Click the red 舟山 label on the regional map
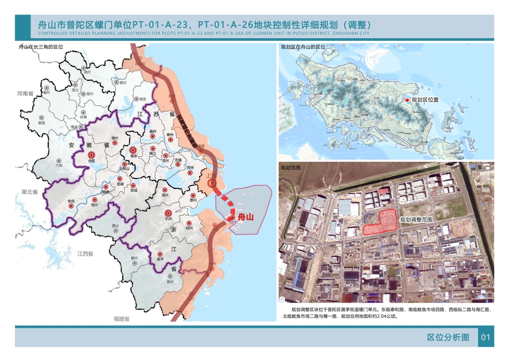[245, 217]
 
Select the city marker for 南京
[133, 150]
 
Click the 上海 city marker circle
[212, 183]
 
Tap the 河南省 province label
[25, 93]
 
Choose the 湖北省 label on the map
[30, 192]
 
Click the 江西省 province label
[85, 253]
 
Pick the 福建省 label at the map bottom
[121, 318]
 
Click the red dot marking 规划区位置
[407, 100]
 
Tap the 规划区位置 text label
[425, 100]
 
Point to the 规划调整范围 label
[416, 219]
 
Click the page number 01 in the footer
[486, 337]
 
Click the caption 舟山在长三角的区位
[41, 47]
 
